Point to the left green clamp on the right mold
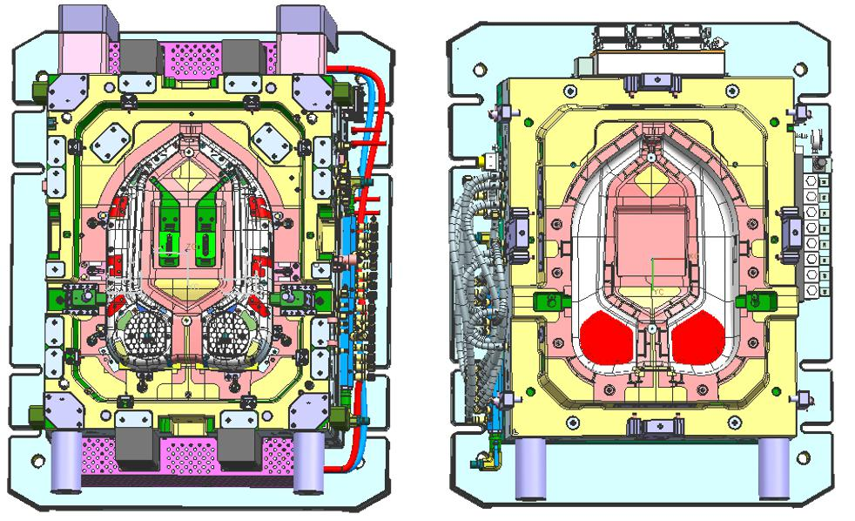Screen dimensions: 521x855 (548, 301)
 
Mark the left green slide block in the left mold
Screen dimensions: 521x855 (170, 223)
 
